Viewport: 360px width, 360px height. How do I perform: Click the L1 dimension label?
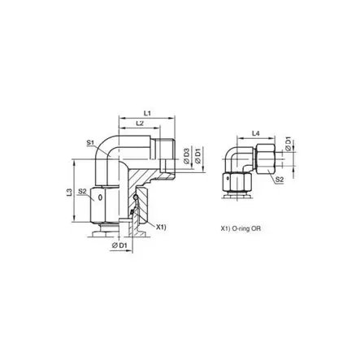pos(147,114)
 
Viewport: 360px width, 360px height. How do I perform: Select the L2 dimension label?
pos(140,124)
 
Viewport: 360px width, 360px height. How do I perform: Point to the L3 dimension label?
pos(70,192)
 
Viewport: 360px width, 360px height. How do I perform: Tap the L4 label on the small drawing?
pos(256,133)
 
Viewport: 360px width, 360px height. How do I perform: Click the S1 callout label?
pos(90,142)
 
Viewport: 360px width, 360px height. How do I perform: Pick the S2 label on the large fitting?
pos(82,192)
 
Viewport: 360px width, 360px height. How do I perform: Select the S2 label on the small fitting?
pos(280,180)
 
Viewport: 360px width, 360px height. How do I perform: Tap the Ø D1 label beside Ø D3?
pos(198,157)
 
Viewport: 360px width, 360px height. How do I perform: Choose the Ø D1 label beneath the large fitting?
pos(119,245)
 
